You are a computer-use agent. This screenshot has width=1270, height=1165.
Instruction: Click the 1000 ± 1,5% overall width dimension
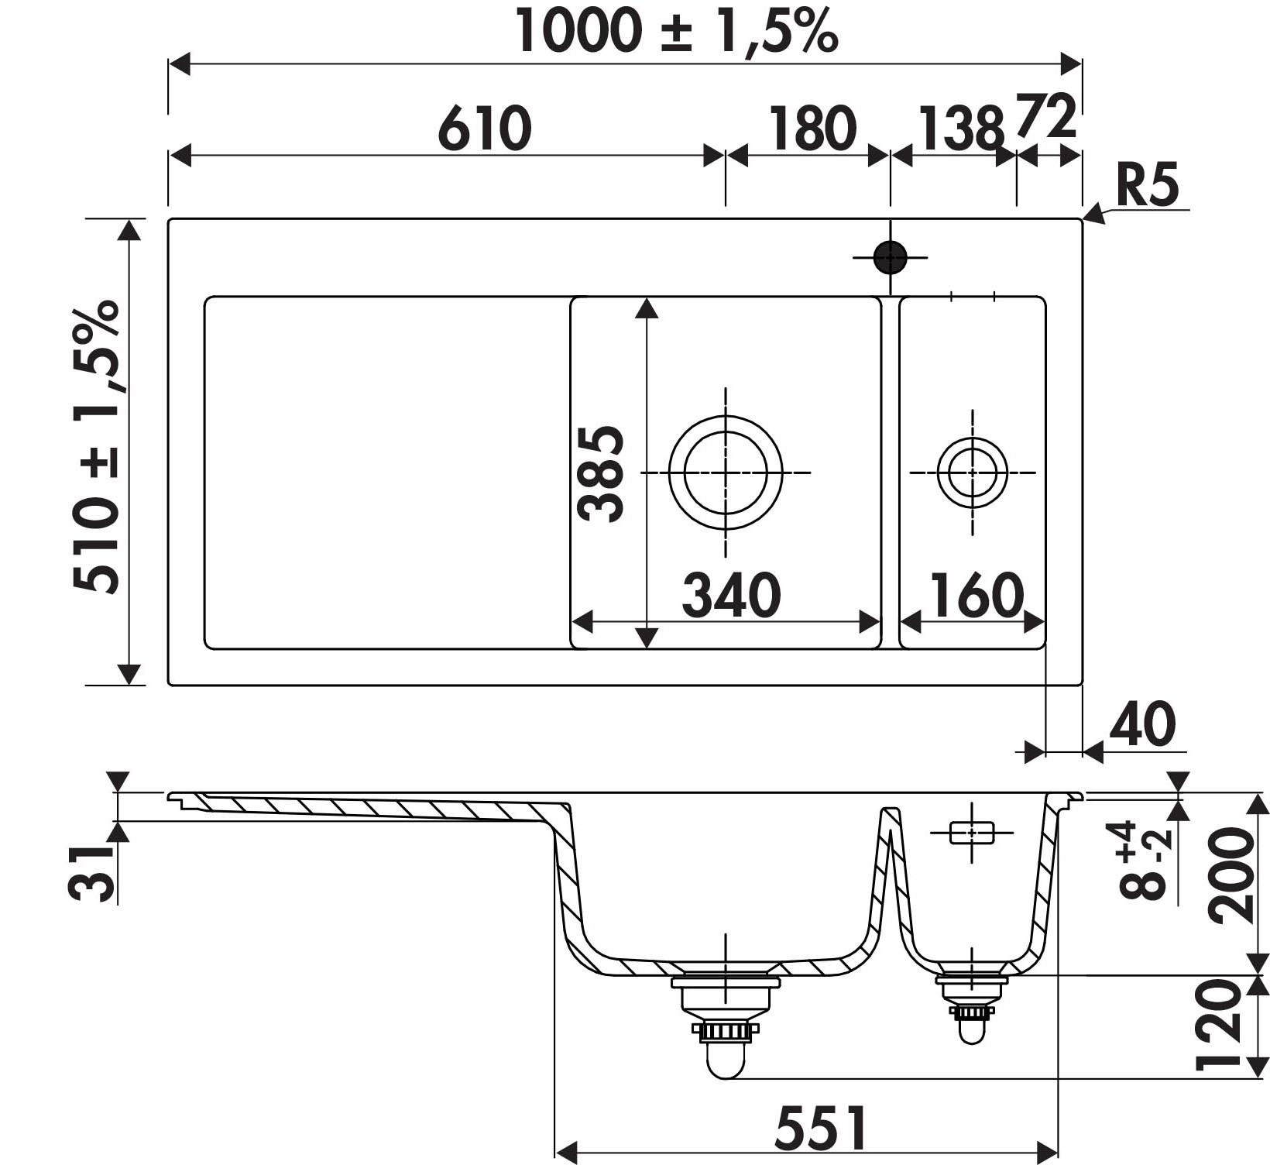[676, 31]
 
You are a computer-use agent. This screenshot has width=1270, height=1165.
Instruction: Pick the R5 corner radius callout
[1148, 185]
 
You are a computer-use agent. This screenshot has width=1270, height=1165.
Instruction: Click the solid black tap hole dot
[890, 257]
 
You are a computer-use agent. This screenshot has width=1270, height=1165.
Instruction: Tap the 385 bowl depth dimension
[601, 473]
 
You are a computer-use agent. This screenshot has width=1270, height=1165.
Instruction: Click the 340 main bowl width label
[731, 595]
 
